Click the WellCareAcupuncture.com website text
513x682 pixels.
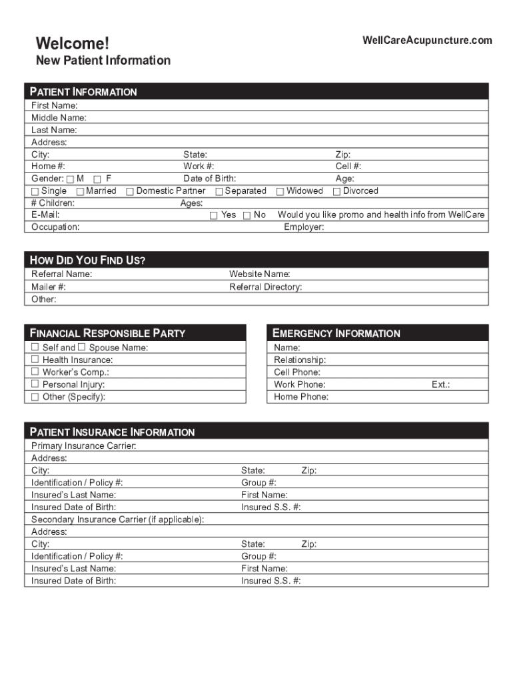point(427,41)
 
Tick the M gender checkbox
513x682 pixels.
point(71,179)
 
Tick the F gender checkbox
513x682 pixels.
point(97,179)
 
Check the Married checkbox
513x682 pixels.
point(80,192)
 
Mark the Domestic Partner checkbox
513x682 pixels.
point(131,192)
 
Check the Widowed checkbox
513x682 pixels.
point(280,192)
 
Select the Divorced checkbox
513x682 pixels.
point(336,192)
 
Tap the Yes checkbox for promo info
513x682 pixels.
point(214,216)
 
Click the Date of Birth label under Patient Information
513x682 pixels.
point(210,178)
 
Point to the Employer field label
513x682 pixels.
point(304,227)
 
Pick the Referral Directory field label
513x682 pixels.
point(266,287)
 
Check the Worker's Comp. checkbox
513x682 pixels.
point(35,372)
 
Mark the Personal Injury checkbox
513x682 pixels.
point(35,384)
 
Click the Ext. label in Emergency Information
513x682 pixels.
point(440,384)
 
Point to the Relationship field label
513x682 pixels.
point(300,360)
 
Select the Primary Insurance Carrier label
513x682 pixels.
point(83,446)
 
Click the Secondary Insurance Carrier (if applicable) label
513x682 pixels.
point(118,519)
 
